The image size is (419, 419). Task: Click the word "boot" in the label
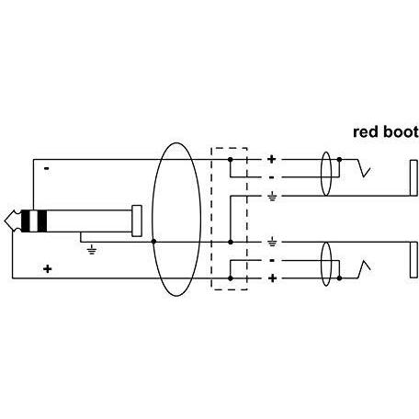click(401, 131)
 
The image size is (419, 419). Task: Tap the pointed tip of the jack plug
click(6, 221)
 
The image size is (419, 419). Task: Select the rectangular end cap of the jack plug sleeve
click(137, 221)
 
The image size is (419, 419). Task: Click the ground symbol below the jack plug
click(92, 251)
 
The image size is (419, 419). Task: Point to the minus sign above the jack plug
click(47, 168)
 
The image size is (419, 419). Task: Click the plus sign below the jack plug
click(47, 269)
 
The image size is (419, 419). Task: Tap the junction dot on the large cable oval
click(153, 242)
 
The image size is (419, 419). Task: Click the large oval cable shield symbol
click(153, 220)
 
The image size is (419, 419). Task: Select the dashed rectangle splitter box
click(211, 219)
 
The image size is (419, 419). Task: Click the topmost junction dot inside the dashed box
click(231, 160)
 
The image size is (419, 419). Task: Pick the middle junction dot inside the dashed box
click(231, 242)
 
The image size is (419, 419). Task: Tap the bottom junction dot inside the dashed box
click(231, 278)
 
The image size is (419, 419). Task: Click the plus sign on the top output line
click(271, 159)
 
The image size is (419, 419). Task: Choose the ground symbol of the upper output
click(272, 197)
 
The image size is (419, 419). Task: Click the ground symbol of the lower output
click(272, 243)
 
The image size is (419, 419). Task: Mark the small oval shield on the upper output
click(321, 174)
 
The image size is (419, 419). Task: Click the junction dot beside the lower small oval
click(339, 278)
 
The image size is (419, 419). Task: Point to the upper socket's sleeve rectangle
click(413, 178)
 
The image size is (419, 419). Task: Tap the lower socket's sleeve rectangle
click(413, 260)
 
